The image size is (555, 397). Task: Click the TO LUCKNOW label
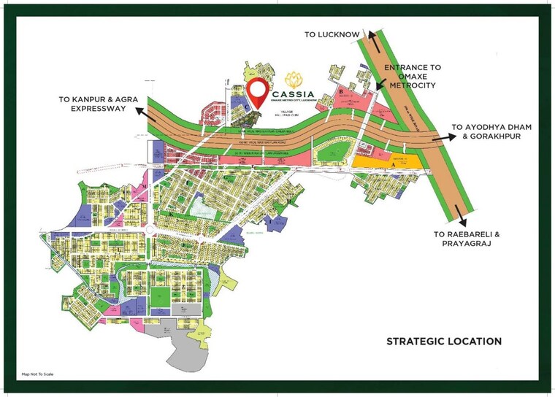point(332,34)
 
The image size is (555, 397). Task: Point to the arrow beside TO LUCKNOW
point(372,38)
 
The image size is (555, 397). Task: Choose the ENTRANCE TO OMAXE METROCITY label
point(413,77)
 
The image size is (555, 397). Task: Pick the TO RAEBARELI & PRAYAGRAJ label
point(465,239)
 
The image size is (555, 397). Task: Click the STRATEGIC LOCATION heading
point(444,341)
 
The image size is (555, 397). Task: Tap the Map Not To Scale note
point(38,374)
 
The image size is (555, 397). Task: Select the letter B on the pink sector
point(341,92)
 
